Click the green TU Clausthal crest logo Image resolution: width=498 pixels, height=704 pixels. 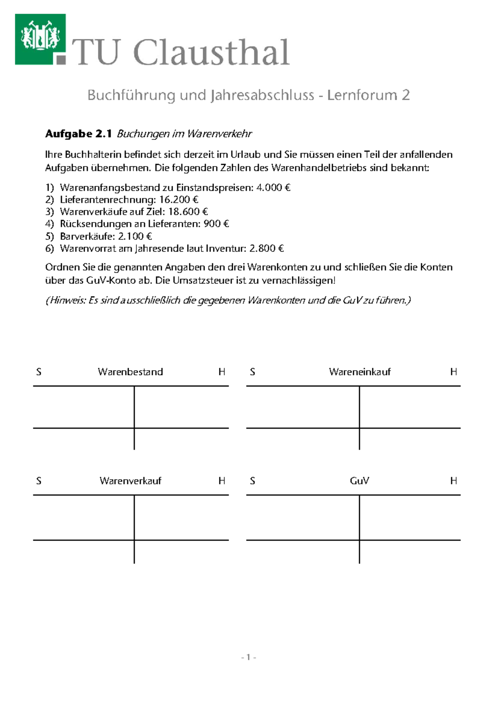point(40,39)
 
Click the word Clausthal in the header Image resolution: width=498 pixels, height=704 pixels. point(211,53)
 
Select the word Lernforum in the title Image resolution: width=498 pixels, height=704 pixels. point(362,95)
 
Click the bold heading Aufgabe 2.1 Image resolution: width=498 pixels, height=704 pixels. point(78,134)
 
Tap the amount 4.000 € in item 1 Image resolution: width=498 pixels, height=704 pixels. point(273,188)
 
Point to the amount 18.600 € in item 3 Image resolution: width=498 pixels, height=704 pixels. point(188,212)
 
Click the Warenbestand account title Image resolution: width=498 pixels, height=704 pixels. point(130,372)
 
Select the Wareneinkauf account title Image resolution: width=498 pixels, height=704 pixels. point(360,372)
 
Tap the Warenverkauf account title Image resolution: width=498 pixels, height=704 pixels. point(130,481)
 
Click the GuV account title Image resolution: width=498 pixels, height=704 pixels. point(359,481)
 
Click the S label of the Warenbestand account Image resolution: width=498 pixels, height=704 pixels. point(39,372)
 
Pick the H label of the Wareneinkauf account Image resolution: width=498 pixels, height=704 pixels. point(454,372)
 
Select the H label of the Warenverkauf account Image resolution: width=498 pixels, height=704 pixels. point(222,481)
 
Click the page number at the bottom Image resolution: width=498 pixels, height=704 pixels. point(248,657)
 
